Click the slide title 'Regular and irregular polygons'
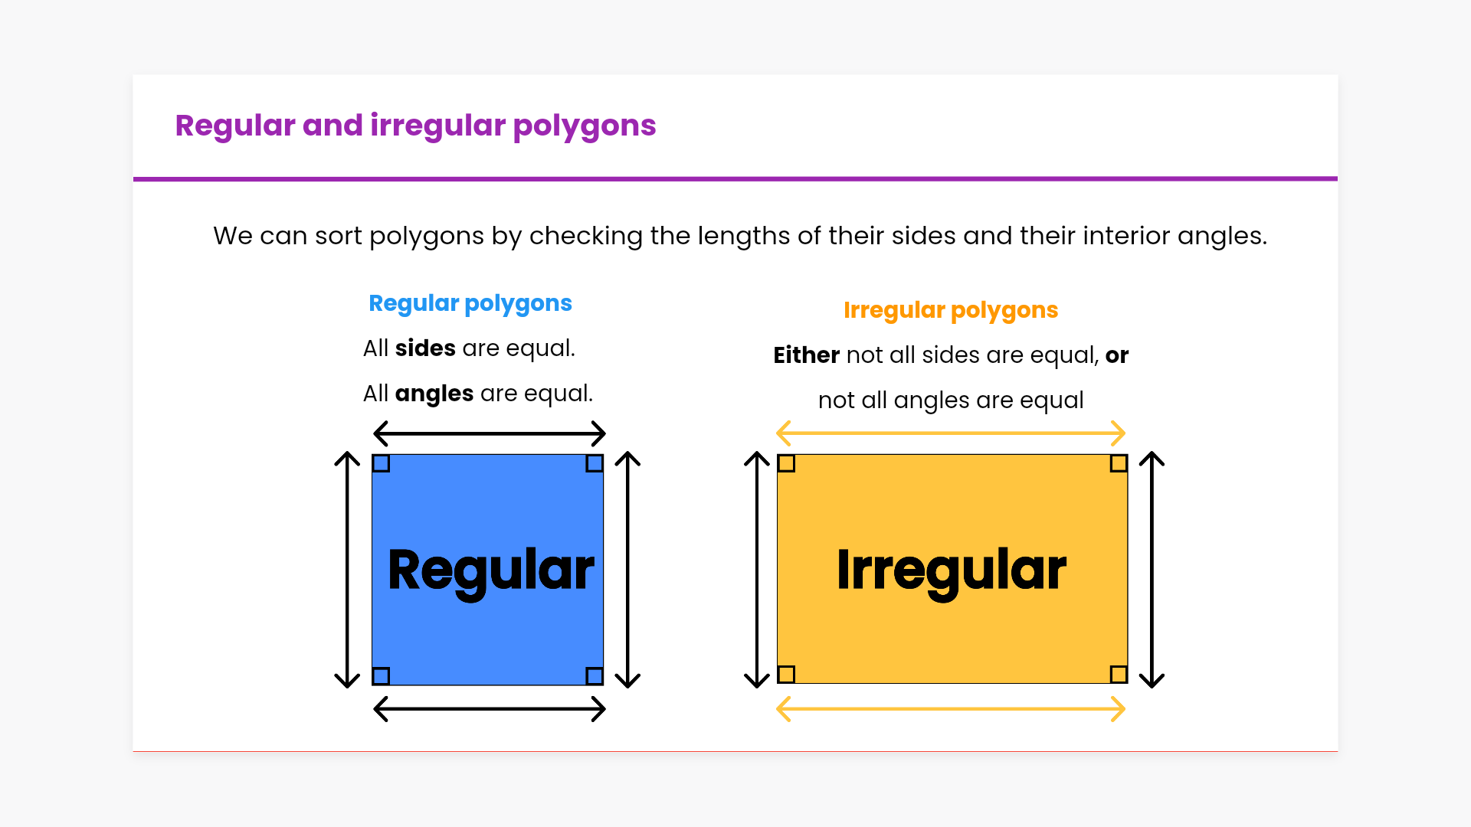coord(415,126)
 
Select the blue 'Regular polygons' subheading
coord(470,304)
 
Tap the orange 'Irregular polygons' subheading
coord(951,311)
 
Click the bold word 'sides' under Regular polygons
coord(425,348)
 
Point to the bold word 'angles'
coord(434,394)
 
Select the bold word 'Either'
coord(807,355)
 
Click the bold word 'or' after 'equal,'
coord(1117,356)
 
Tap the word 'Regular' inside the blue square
coord(491,571)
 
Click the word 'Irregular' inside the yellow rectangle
coord(952,571)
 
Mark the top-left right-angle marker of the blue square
coord(381,463)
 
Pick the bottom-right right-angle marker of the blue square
coord(595,676)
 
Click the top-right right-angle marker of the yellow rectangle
coord(1119,463)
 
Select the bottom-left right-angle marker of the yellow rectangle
coord(786,675)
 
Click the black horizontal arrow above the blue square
coord(490,433)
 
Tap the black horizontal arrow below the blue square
coord(490,709)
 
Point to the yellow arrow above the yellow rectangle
coord(951,433)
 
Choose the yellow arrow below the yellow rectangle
coord(951,709)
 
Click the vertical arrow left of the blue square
coord(347,570)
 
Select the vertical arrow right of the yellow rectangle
coord(1152,570)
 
